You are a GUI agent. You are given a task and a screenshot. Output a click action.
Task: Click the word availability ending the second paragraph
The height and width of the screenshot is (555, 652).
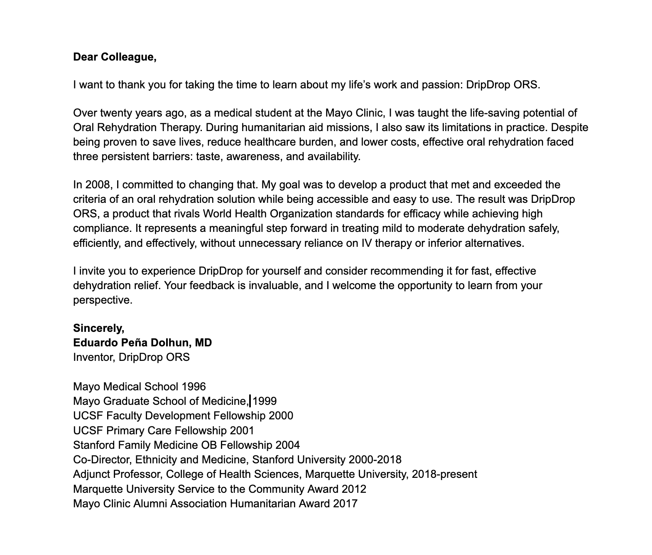[334, 157]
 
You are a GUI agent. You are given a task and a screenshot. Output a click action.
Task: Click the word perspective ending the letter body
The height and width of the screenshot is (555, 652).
[103, 300]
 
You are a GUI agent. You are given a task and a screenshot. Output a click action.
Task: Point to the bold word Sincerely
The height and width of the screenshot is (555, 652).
[98, 329]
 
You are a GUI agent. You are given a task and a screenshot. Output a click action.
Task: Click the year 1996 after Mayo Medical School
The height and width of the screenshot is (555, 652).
[194, 387]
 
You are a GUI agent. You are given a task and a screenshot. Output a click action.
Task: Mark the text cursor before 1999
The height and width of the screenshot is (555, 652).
[250, 401]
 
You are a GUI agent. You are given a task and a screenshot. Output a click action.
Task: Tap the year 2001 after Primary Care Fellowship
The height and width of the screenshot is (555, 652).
[242, 431]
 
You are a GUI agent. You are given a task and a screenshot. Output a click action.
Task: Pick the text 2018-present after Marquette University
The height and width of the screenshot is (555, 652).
[444, 475]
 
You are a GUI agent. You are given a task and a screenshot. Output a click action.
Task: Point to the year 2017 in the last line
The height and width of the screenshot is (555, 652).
[345, 504]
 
